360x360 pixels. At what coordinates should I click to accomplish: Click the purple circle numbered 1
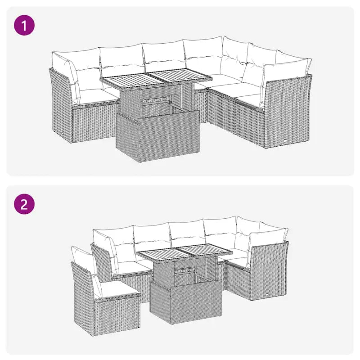25,25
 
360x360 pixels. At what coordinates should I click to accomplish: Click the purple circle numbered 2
25,205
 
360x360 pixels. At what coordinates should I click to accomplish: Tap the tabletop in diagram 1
155,80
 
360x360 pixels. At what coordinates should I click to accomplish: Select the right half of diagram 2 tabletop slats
205,252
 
